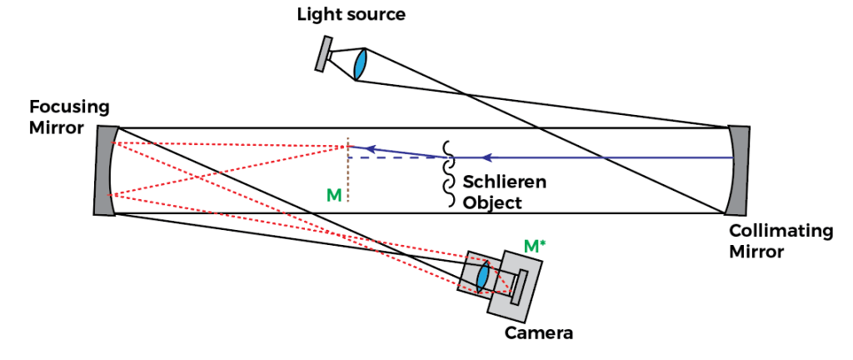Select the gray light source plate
pos(323,54)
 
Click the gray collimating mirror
pos(739,171)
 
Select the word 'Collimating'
pos(781,232)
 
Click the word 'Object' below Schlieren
pos(491,202)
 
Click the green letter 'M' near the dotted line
pos(334,194)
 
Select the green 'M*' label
pos(534,246)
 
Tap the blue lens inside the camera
pos(482,276)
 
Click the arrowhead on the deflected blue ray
pos(372,149)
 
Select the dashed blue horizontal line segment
pos(392,157)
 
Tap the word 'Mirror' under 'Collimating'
pos(756,252)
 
